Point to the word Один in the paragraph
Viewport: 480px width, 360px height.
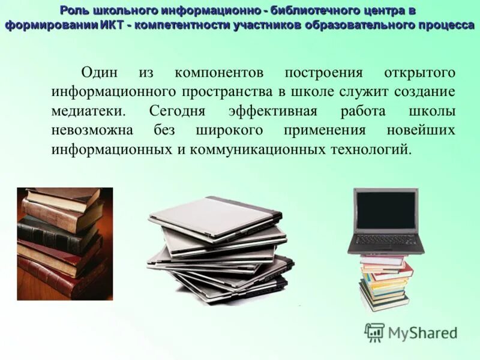[100, 73]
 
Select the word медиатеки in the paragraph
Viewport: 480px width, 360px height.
[88, 111]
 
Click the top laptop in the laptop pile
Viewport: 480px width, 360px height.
[216, 216]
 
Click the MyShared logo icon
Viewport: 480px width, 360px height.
[374, 332]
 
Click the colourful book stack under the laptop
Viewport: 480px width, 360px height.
[385, 282]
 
